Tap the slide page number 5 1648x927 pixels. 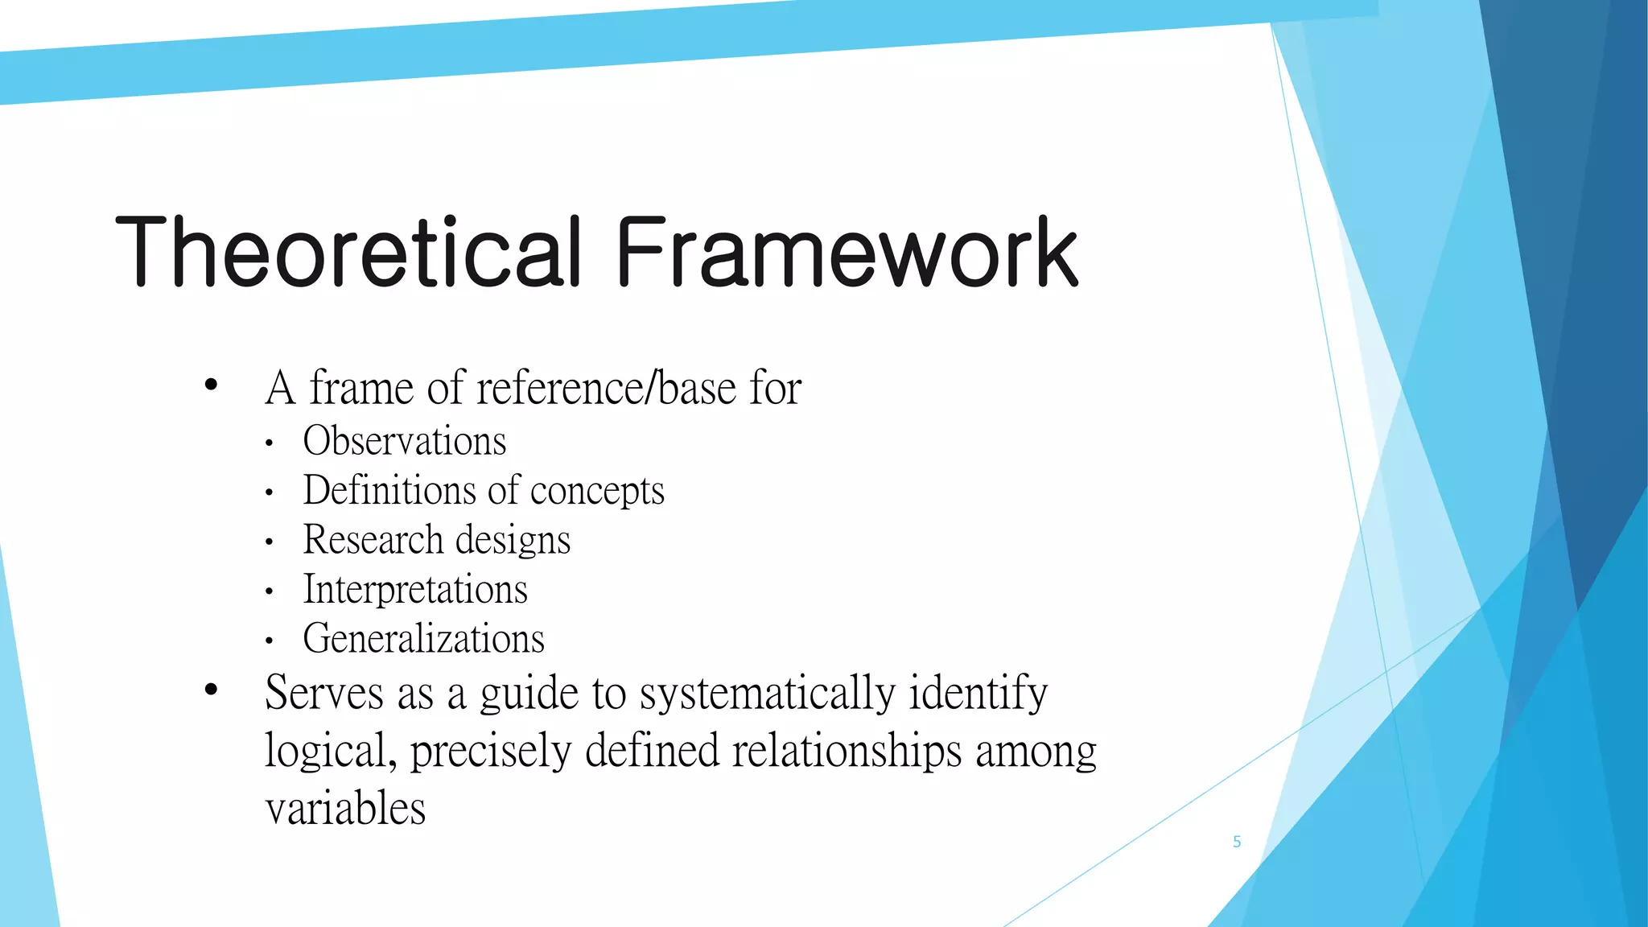1237,842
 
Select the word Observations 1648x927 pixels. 405,441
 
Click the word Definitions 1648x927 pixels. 389,490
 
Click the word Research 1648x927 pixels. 373,539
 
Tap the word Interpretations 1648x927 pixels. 415,589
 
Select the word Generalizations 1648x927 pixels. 423,638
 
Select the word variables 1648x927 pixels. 345,808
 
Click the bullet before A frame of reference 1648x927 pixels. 211,385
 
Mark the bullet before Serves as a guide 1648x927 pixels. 211,689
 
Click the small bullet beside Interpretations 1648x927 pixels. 270,592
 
